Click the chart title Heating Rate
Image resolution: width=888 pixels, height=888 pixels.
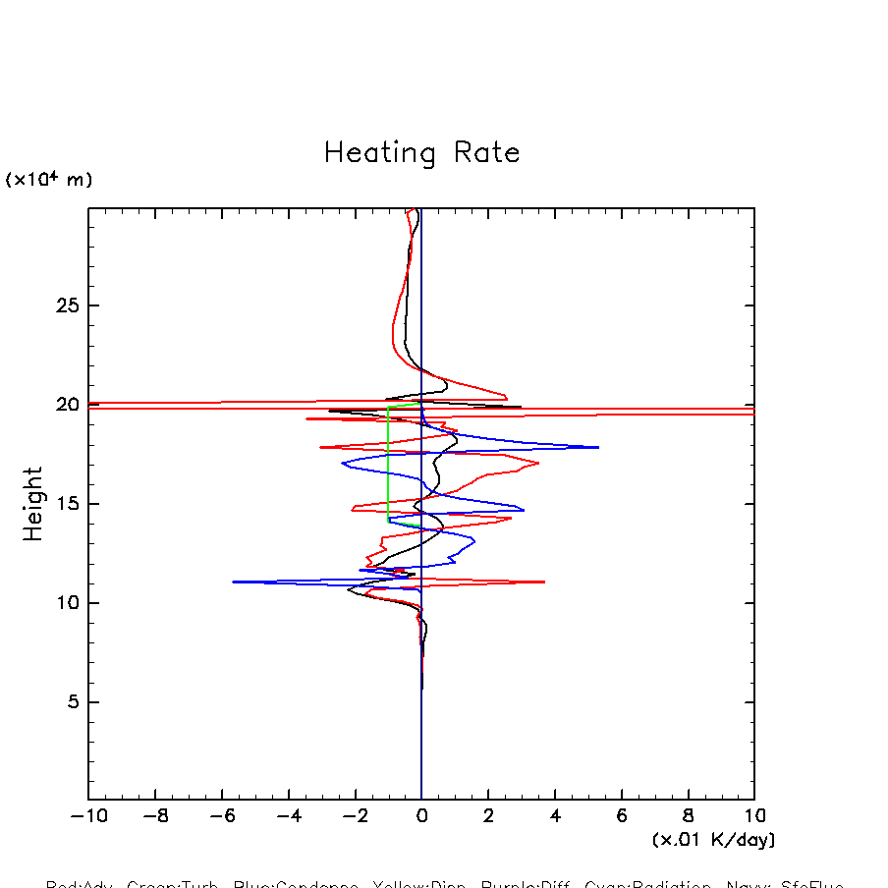click(x=421, y=153)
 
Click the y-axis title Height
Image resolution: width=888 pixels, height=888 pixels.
click(x=33, y=504)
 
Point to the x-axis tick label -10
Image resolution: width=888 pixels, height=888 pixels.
click(x=84, y=816)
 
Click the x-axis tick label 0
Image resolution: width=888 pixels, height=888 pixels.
click(x=421, y=816)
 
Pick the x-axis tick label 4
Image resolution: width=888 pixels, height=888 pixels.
click(x=555, y=816)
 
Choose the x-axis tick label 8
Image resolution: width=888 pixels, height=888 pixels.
click(x=688, y=816)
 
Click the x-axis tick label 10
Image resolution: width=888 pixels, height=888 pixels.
click(x=753, y=816)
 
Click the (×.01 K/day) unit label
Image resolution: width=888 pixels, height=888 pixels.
click(x=713, y=840)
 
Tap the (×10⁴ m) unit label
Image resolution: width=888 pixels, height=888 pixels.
click(x=49, y=180)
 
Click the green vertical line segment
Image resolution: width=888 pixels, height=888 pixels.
click(x=388, y=462)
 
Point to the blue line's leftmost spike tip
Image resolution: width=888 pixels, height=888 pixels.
click(x=234, y=583)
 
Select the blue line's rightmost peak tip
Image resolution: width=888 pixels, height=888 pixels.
click(x=598, y=447)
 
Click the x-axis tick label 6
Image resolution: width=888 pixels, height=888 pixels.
click(x=622, y=816)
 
